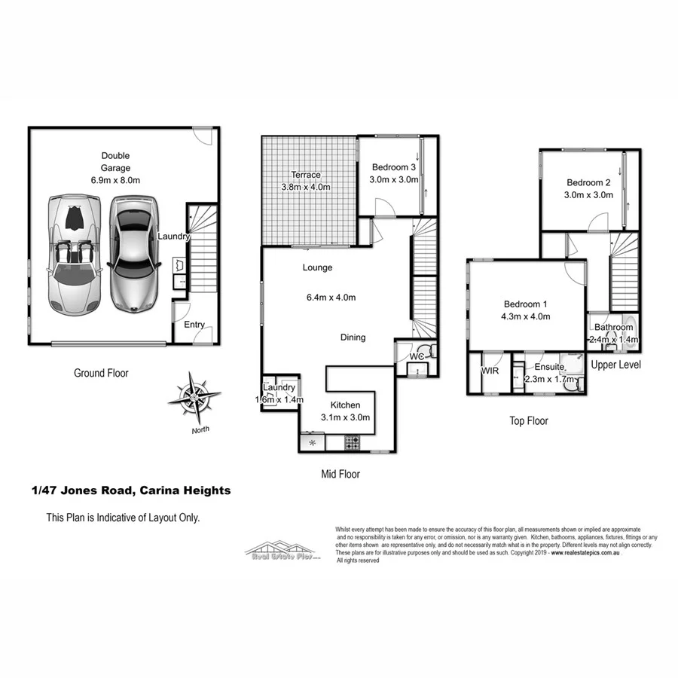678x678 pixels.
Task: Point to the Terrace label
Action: [x=306, y=175]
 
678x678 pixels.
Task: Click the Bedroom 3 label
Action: [x=394, y=167]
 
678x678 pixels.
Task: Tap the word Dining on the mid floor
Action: [x=353, y=337]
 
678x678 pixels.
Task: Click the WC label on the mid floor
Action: [x=417, y=356]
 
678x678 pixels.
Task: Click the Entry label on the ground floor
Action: [x=194, y=325]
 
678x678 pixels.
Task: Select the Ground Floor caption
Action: [x=101, y=373]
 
